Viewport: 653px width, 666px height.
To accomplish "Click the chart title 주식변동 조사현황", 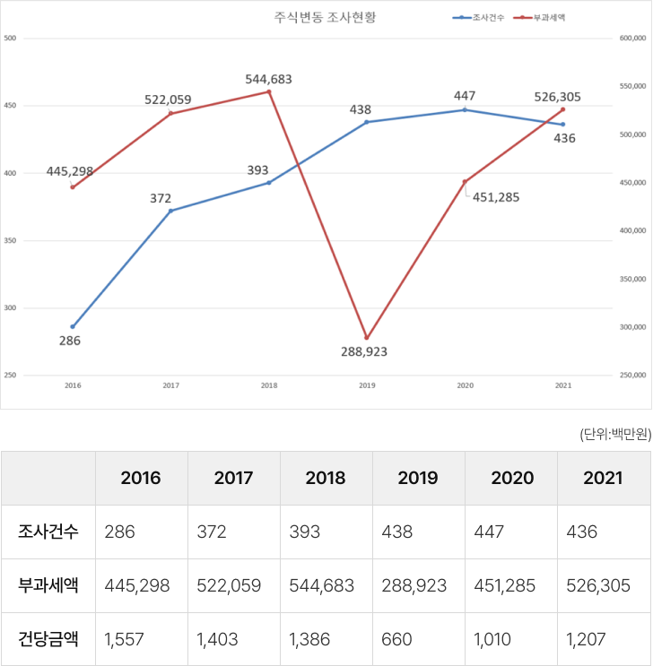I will pos(325,17).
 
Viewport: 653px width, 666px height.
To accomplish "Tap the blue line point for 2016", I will pos(73,326).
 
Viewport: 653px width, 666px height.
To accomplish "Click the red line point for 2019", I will pos(366,338).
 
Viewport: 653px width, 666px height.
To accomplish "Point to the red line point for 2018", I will pos(269,91).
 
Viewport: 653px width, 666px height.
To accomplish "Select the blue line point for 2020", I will pos(465,109).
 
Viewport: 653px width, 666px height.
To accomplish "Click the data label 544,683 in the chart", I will pos(268,79).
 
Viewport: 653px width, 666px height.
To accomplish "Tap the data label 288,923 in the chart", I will pos(364,352).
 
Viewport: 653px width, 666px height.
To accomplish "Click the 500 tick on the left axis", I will pos(10,39).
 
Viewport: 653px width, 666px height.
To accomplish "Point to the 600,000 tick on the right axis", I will pos(632,39).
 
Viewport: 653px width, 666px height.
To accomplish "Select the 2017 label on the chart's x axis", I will pos(170,385).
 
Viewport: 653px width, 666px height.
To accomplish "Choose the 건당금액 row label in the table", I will pos(48,639).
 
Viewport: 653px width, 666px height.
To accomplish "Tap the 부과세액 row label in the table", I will pos(48,585).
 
